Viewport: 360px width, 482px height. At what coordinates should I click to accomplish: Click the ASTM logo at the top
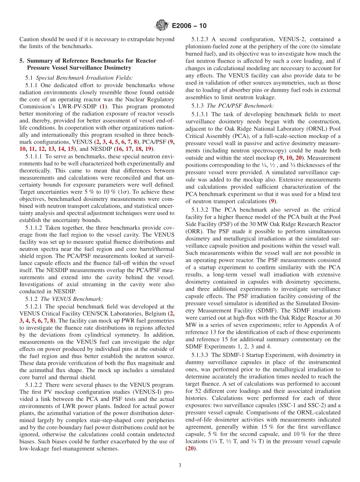162,26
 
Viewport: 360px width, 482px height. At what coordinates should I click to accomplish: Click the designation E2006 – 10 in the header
189,26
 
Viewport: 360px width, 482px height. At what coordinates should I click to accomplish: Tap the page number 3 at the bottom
180,465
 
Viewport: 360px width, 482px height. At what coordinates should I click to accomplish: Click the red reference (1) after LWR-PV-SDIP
103,106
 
